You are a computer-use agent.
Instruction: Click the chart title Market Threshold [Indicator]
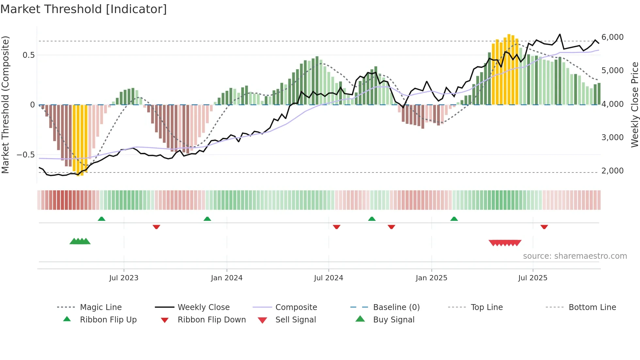pyautogui.click(x=84, y=9)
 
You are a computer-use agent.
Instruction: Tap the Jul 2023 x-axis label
pyautogui.click(x=124, y=278)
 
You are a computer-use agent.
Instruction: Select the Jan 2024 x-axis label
pyautogui.click(x=227, y=278)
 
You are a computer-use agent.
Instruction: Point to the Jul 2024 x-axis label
pyautogui.click(x=328, y=278)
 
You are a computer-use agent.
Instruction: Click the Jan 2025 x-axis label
pyautogui.click(x=431, y=278)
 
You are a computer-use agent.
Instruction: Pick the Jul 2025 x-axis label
pyautogui.click(x=533, y=278)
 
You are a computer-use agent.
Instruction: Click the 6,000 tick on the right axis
pyautogui.click(x=612, y=37)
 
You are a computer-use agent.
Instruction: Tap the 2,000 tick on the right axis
pyautogui.click(x=612, y=171)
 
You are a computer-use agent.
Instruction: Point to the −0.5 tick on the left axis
pyautogui.click(x=26, y=155)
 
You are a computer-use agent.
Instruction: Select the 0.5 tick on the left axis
pyautogui.click(x=28, y=55)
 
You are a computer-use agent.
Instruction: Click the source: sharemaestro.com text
pyautogui.click(x=575, y=256)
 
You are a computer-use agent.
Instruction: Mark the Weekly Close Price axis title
pyautogui.click(x=634, y=105)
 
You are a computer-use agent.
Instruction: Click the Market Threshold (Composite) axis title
pyautogui.click(x=5, y=105)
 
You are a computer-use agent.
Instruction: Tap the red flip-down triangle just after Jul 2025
pyautogui.click(x=544, y=227)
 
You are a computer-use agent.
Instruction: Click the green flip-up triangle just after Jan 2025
pyautogui.click(x=454, y=219)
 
